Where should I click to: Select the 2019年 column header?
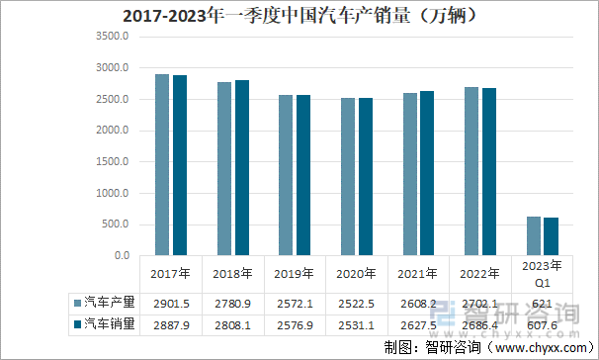pyautogui.click(x=294, y=273)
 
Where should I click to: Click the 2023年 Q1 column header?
pyautogui.click(x=543, y=272)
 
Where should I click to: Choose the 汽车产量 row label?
pyautogui.click(x=109, y=301)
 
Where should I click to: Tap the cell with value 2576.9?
pyautogui.click(x=295, y=323)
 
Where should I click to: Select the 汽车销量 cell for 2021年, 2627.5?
pyautogui.click(x=419, y=323)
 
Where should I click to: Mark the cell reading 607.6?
pyautogui.click(x=543, y=323)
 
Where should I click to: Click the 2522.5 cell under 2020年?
pyautogui.click(x=357, y=301)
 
